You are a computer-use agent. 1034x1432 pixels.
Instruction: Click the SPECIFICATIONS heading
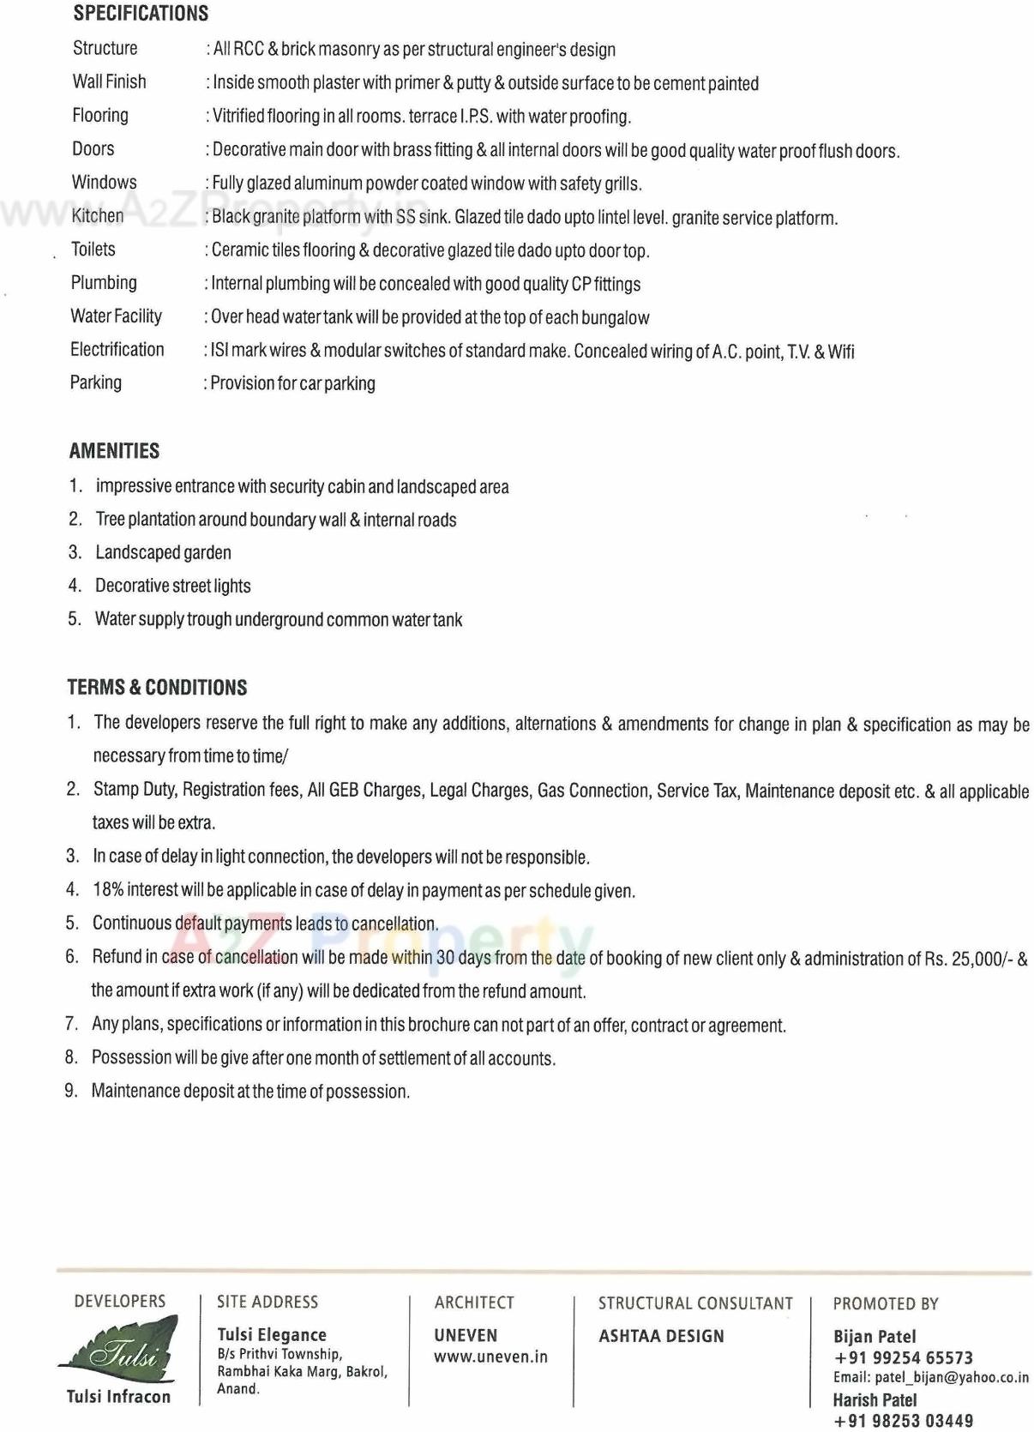click(141, 14)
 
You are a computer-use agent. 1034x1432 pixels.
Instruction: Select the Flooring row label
click(100, 115)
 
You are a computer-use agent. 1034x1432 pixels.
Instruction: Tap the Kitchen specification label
click(98, 215)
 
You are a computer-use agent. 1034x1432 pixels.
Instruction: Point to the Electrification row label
click(117, 349)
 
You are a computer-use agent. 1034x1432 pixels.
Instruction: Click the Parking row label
click(95, 382)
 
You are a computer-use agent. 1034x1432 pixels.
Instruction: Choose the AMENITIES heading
click(114, 451)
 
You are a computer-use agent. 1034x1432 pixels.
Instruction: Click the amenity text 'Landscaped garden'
click(163, 552)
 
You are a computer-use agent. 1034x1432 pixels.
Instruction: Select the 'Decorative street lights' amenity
click(172, 586)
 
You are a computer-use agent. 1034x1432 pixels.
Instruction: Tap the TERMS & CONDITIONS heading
click(157, 688)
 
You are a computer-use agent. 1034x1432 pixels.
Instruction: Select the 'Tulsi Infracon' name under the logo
click(118, 1397)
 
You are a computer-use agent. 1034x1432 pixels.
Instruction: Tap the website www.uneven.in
click(490, 1357)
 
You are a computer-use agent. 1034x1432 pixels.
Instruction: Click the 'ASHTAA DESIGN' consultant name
click(661, 1336)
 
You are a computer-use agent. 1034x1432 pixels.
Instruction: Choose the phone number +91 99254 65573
click(903, 1357)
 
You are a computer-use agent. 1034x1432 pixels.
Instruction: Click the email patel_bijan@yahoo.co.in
click(930, 1377)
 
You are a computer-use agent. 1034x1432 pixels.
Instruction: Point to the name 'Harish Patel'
click(875, 1399)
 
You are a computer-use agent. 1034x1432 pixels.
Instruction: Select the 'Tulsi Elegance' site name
click(272, 1334)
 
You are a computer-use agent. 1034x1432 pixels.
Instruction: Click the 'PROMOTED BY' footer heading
click(886, 1304)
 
